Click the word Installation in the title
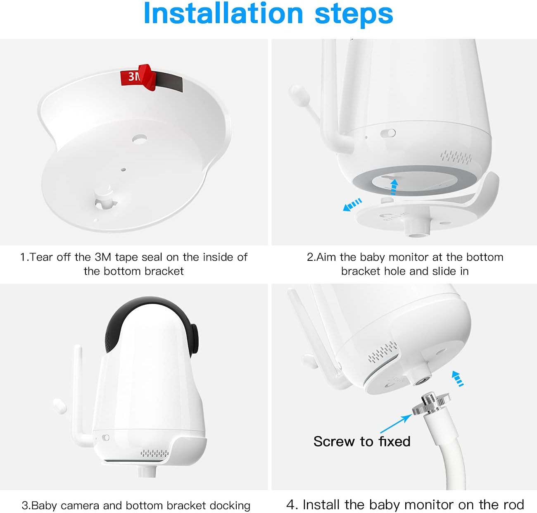(x=223, y=14)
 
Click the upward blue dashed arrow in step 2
(x=394, y=186)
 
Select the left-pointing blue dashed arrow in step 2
(x=352, y=205)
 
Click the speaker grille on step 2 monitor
(x=456, y=157)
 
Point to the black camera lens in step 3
(x=194, y=337)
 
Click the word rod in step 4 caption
(x=515, y=504)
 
